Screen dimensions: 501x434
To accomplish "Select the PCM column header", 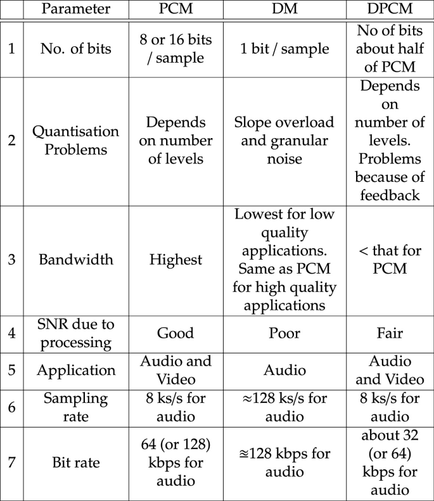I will (173, 11).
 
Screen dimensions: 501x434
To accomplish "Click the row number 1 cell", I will (11, 49).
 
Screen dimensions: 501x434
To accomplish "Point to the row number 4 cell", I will (11, 334).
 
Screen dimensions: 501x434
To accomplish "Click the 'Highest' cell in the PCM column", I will (173, 259).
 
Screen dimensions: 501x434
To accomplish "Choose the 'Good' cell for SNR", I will (173, 334).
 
